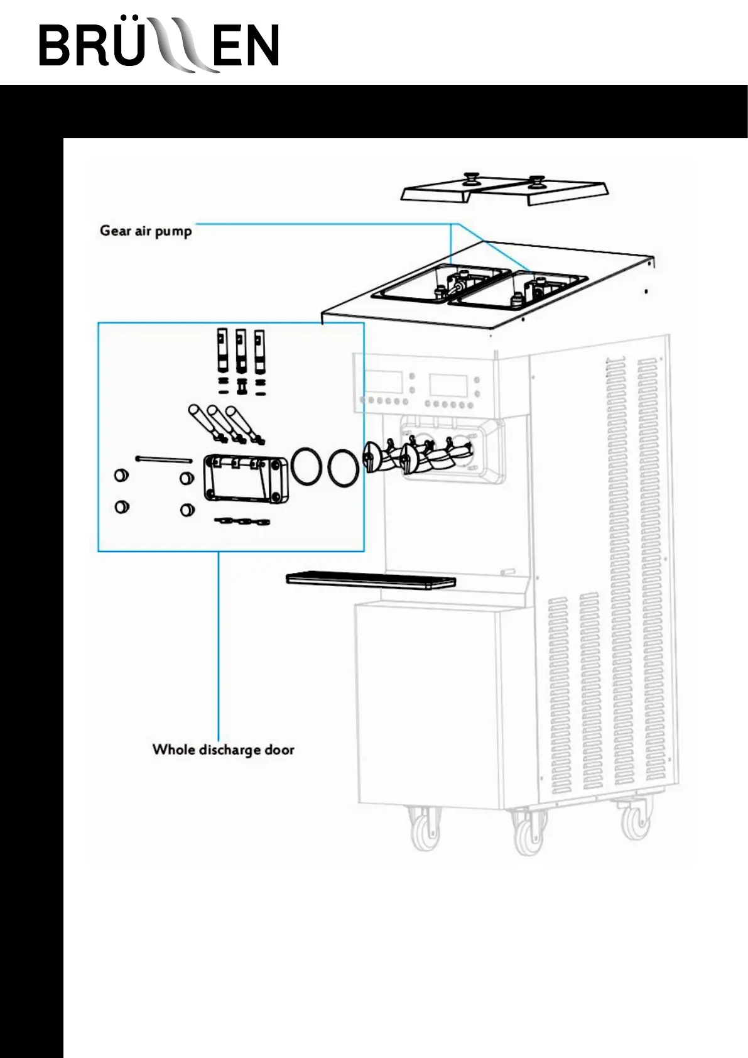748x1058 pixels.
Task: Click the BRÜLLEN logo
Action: click(159, 45)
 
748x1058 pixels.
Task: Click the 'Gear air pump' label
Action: click(146, 231)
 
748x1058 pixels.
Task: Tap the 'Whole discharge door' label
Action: click(223, 750)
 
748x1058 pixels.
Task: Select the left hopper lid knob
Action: click(469, 179)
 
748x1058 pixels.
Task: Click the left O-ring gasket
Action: click(306, 466)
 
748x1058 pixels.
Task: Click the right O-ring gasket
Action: click(344, 467)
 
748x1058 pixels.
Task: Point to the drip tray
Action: click(371, 580)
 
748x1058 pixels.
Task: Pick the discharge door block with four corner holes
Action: click(246, 478)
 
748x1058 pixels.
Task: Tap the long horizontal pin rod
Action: click(164, 459)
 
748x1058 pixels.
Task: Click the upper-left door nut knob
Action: click(121, 475)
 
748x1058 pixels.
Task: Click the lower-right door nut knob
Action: click(187, 510)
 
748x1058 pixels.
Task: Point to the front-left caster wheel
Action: click(425, 830)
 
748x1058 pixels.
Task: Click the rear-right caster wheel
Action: click(636, 820)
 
